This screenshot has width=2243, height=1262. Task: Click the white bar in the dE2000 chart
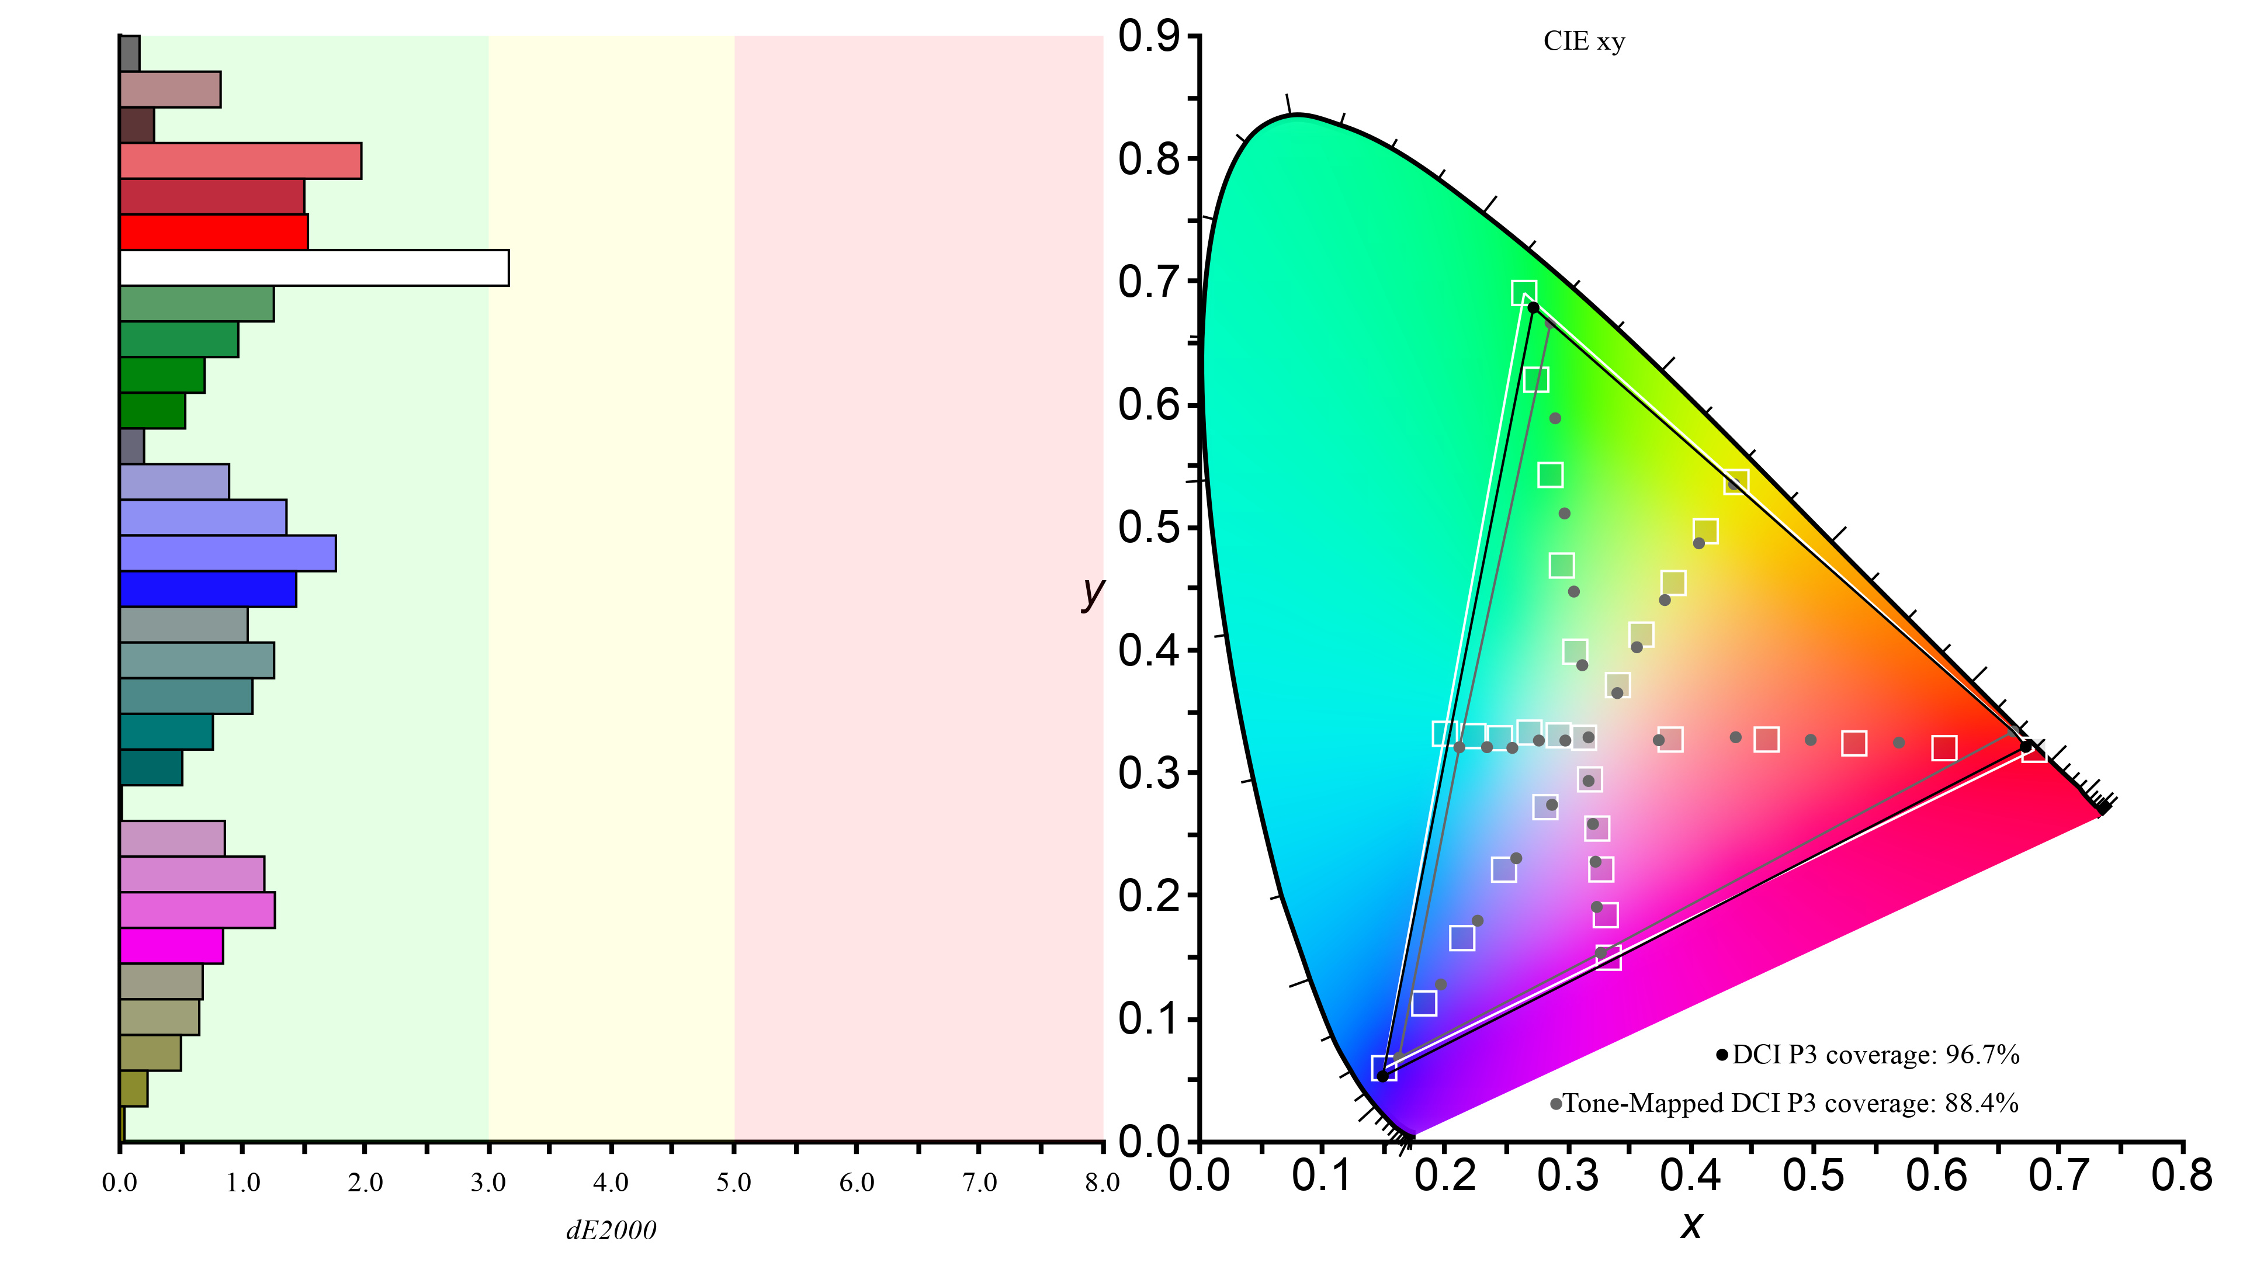314,268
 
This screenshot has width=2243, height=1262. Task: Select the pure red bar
213,232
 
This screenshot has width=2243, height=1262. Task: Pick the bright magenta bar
172,946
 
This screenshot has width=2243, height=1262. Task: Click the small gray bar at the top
130,53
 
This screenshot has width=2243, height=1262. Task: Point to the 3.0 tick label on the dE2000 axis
488,1182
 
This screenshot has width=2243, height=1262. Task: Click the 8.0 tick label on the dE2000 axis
1101,1182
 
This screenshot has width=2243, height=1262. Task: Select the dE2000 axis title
611,1230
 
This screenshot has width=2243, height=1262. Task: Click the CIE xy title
1584,42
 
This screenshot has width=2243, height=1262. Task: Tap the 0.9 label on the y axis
1149,37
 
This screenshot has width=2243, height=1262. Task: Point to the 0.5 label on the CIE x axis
1813,1176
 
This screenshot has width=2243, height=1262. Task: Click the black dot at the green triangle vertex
1533,307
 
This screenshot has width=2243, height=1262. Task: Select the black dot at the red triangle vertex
2026,747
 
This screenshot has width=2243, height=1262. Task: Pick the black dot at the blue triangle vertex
1383,1076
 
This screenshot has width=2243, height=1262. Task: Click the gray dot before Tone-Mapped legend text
1555,1104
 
